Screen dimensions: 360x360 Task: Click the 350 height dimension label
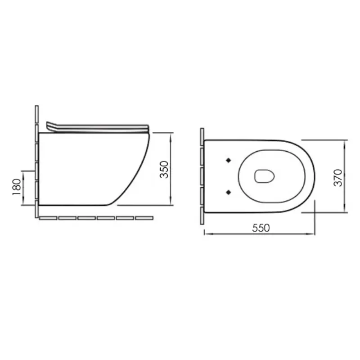164,170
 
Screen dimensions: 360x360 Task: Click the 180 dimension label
17,187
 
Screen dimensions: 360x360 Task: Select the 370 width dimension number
338,178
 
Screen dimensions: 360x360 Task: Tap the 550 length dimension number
261,228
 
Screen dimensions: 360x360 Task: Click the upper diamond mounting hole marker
229,160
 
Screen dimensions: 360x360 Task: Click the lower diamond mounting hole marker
229,192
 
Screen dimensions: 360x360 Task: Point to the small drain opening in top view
265,176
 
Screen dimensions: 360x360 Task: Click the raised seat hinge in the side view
51,127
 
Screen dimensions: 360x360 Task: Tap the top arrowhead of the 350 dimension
170,136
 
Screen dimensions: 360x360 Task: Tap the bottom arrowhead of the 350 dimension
170,202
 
